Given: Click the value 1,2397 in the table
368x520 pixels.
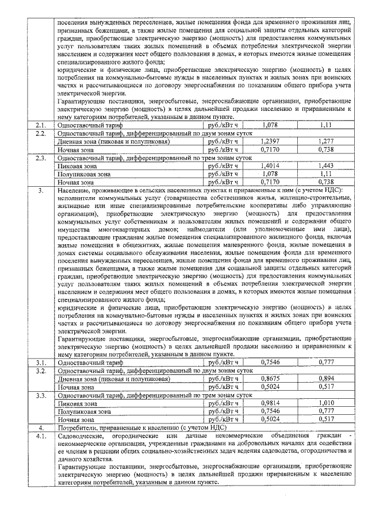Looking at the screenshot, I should click(270, 141).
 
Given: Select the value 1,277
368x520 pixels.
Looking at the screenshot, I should click(326, 141).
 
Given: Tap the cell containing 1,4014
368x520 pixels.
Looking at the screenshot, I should click(270, 165).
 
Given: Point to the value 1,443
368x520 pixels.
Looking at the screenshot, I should click(326, 165).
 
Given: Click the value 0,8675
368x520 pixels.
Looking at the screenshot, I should click(270, 379).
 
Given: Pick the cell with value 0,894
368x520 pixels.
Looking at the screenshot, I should click(326, 379).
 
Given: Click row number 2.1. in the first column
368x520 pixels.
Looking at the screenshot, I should click(40, 125).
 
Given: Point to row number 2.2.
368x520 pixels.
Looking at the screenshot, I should click(40, 133).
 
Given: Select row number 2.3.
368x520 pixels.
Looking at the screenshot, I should click(40, 157).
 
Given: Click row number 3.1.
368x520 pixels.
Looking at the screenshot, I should click(40, 363).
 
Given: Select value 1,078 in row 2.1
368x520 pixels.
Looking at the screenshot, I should click(270, 125).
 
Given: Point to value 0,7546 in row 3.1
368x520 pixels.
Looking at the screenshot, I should click(270, 363).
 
